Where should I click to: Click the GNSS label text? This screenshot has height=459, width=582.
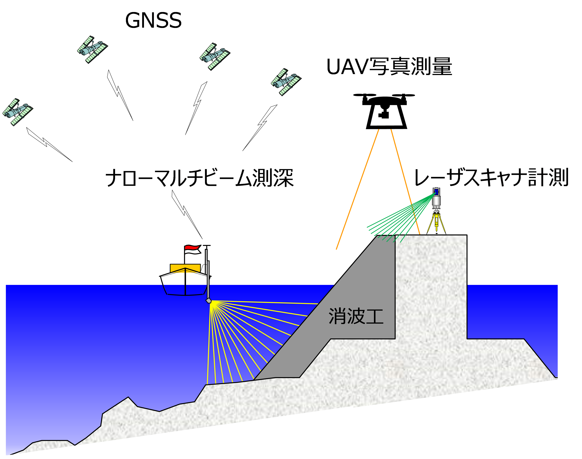click(153, 21)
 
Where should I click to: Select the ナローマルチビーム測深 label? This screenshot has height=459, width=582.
click(199, 178)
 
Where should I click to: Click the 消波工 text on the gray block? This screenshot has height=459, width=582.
click(356, 316)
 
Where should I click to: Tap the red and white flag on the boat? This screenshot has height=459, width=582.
click(193, 249)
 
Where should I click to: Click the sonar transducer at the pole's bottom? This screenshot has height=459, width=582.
click(209, 300)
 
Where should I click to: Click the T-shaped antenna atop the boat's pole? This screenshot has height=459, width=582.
click(206, 246)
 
